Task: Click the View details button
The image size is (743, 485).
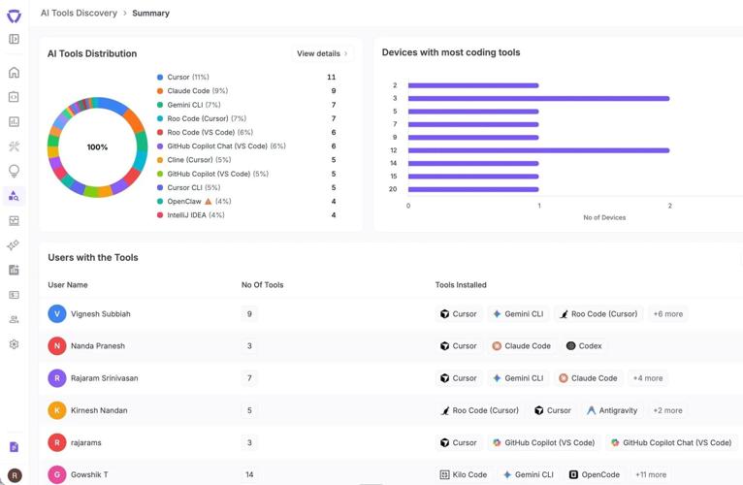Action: [x=322, y=53]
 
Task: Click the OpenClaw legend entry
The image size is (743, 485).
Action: [x=183, y=202]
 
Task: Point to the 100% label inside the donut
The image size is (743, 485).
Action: [x=97, y=147]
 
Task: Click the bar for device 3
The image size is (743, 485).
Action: [x=538, y=98]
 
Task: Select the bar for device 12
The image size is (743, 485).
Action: [x=538, y=150]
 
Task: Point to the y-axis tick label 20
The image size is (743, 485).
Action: [x=393, y=189]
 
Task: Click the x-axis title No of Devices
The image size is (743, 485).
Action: [x=604, y=217]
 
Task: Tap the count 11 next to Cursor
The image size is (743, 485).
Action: [x=331, y=77]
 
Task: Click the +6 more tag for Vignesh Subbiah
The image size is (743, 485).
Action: [x=667, y=314]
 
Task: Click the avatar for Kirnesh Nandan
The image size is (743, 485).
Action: [x=57, y=410]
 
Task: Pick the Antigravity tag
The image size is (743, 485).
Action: [x=612, y=410]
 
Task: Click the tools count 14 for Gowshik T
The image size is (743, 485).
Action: [x=250, y=474]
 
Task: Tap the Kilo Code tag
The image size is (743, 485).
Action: [x=464, y=474]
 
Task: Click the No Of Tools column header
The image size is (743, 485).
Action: [x=262, y=285]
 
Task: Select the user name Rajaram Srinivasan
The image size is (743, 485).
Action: [x=104, y=378]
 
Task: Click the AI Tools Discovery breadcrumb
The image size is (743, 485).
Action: [x=79, y=14]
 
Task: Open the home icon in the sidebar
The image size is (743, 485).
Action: [x=14, y=73]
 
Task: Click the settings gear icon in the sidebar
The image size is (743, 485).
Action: [x=14, y=344]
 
